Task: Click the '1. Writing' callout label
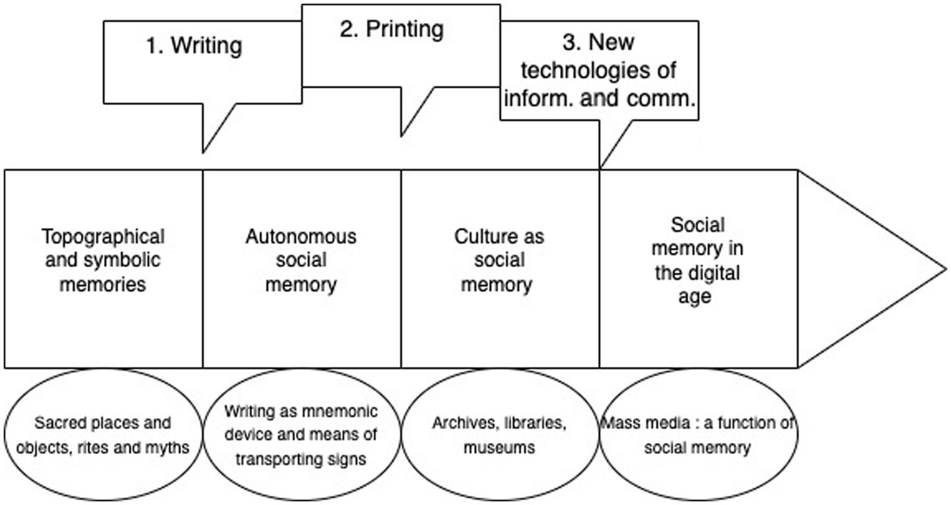point(193,46)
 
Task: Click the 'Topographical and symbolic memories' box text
point(104,260)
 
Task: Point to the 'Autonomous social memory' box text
point(301,260)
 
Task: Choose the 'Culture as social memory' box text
point(499,260)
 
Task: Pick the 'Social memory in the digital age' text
point(697,260)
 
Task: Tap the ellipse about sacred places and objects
point(104,435)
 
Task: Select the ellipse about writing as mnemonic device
point(301,435)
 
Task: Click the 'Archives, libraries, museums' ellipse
point(499,435)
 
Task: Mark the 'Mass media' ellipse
point(697,435)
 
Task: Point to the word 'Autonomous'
point(301,236)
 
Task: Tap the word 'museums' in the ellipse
point(499,448)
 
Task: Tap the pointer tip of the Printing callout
point(403,135)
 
